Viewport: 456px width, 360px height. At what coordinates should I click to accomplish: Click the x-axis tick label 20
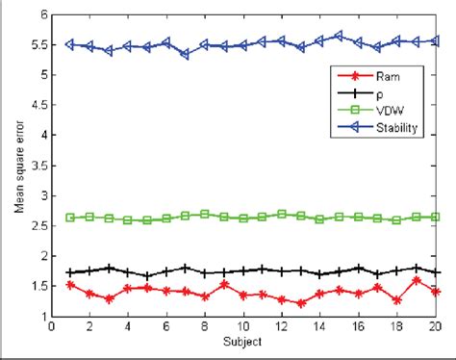pyautogui.click(x=436, y=326)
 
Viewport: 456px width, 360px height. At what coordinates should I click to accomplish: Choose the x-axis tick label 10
pyautogui.click(x=243, y=326)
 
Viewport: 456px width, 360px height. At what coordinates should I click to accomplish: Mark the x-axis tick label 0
pyautogui.click(x=51, y=326)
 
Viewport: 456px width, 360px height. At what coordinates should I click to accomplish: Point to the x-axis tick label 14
pyautogui.click(x=320, y=326)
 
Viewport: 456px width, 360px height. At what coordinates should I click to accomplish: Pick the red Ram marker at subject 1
pyautogui.click(x=70, y=285)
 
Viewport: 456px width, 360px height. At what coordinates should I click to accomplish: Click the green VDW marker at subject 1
pyautogui.click(x=70, y=218)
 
